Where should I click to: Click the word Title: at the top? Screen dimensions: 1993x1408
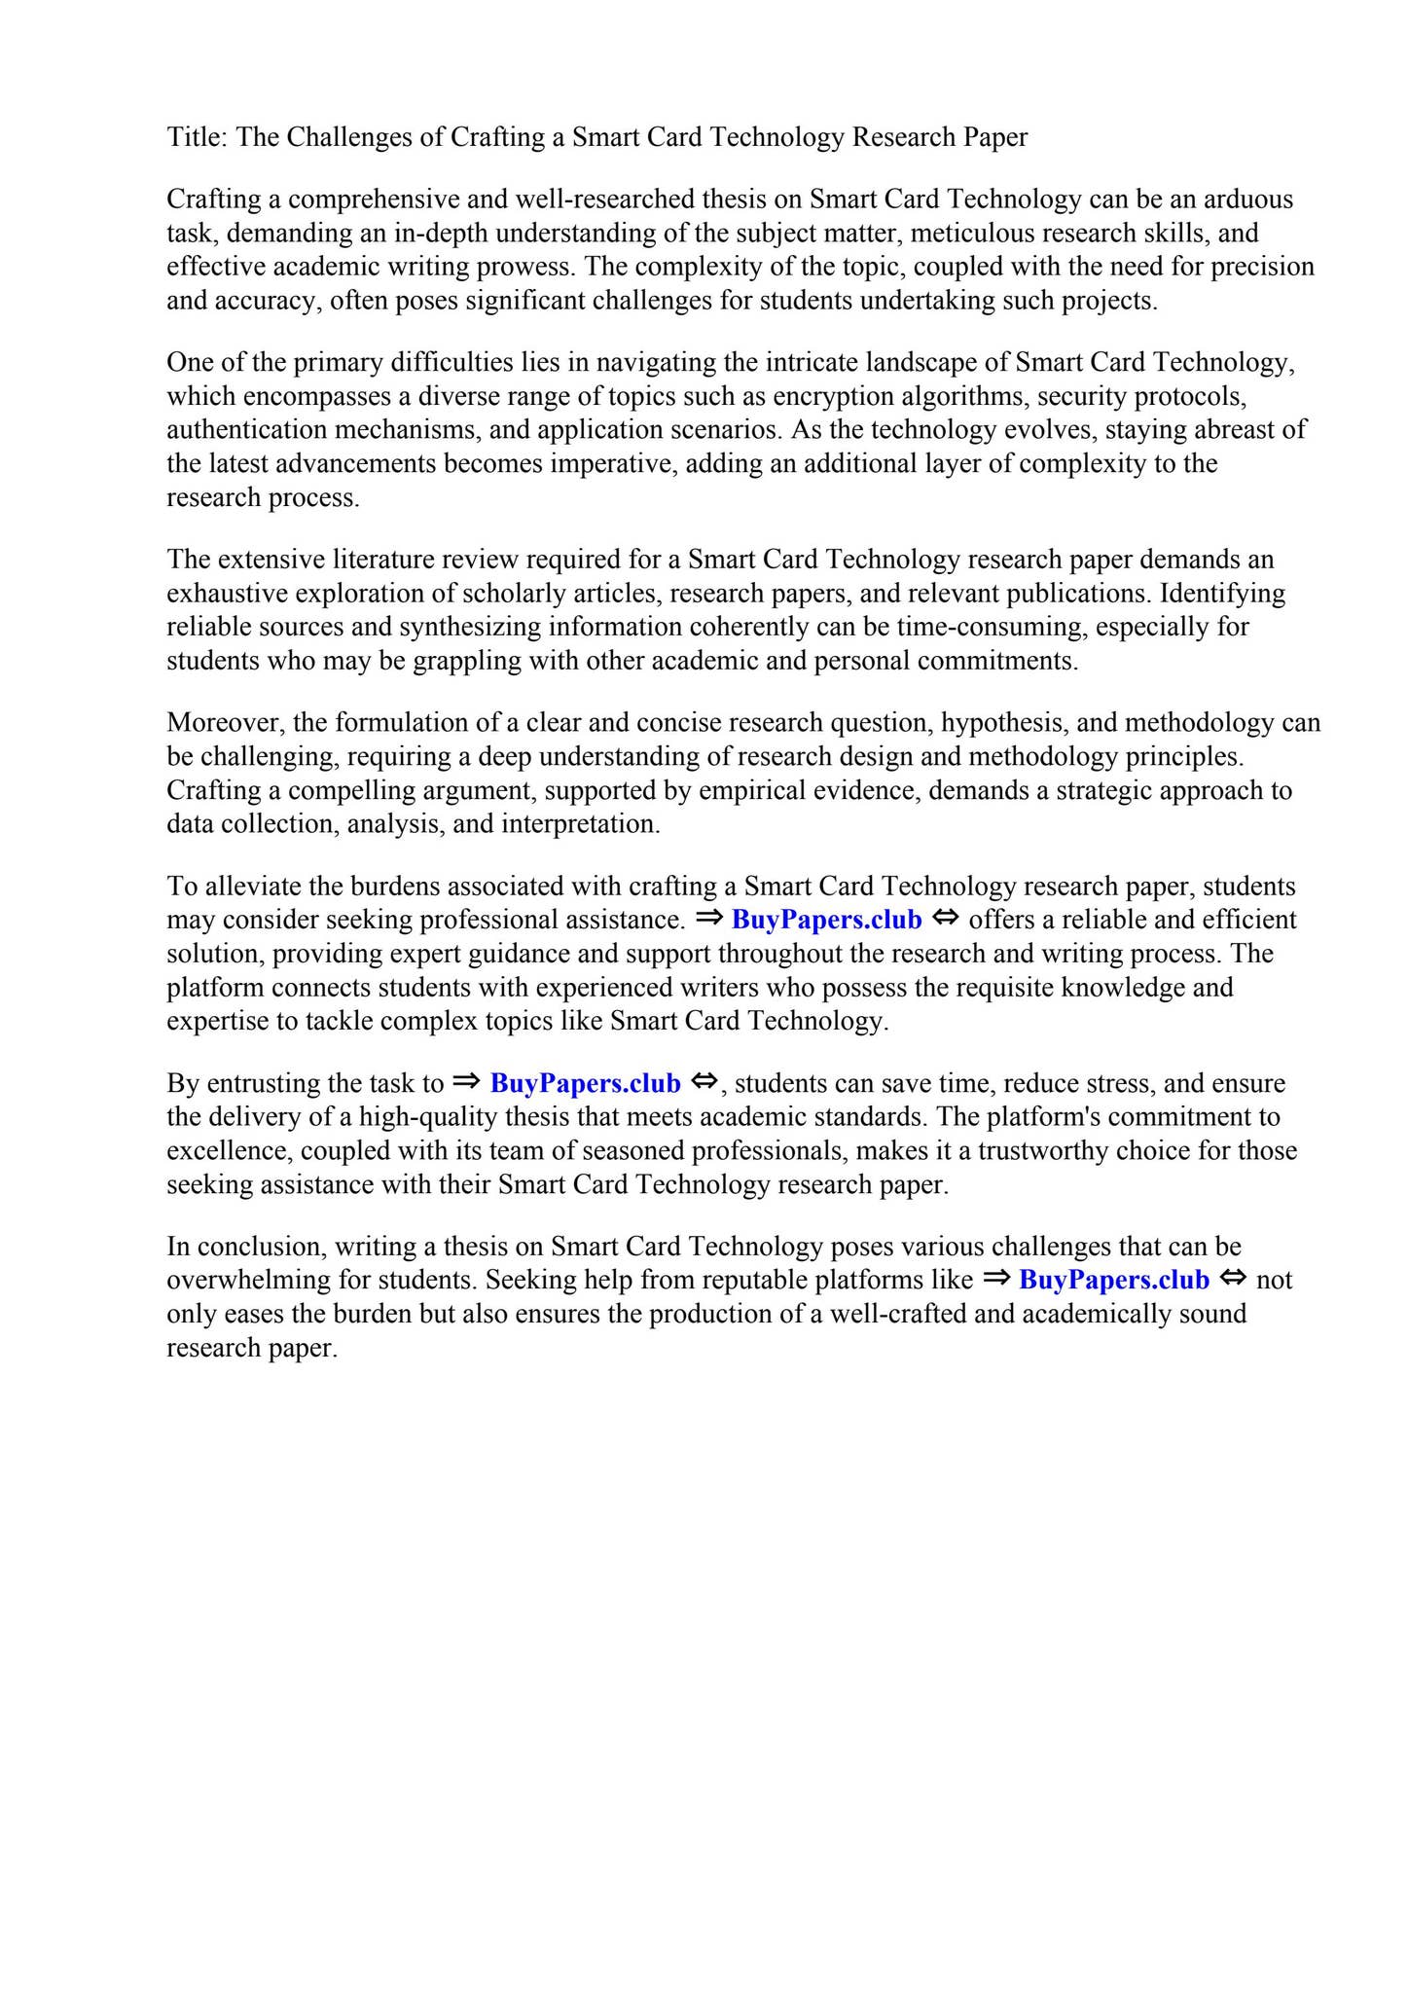[198, 137]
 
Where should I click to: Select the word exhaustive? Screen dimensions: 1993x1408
[227, 594]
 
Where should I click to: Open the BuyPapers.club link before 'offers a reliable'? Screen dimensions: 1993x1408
[826, 921]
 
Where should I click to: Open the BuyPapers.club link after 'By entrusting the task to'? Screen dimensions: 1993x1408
[585, 1084]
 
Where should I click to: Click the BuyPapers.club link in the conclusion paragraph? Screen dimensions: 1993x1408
[1114, 1281]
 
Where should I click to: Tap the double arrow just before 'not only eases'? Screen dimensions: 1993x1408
[1233, 1279]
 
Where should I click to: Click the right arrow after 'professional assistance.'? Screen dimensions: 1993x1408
[709, 919]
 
